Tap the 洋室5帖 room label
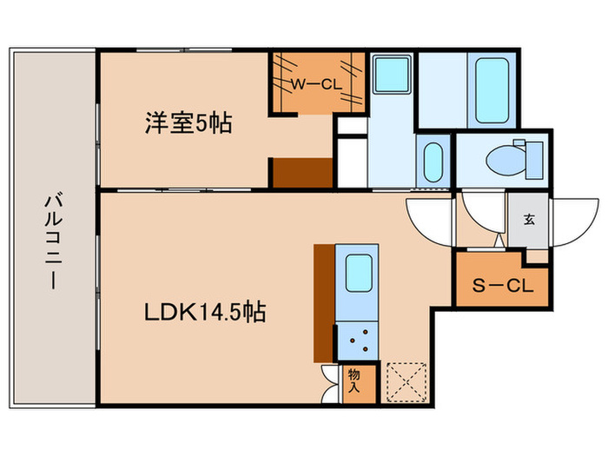pos(188,124)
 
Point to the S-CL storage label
pos(503,283)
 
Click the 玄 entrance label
pos(528,220)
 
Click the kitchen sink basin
pos(357,274)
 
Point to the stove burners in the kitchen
pos(357,340)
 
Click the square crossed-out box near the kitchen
pos(406,380)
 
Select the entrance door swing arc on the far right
pos(569,221)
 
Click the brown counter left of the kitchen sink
pos(323,302)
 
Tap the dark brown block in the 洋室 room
pos(303,173)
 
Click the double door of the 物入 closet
pos(331,380)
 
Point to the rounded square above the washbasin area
pos(393,78)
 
